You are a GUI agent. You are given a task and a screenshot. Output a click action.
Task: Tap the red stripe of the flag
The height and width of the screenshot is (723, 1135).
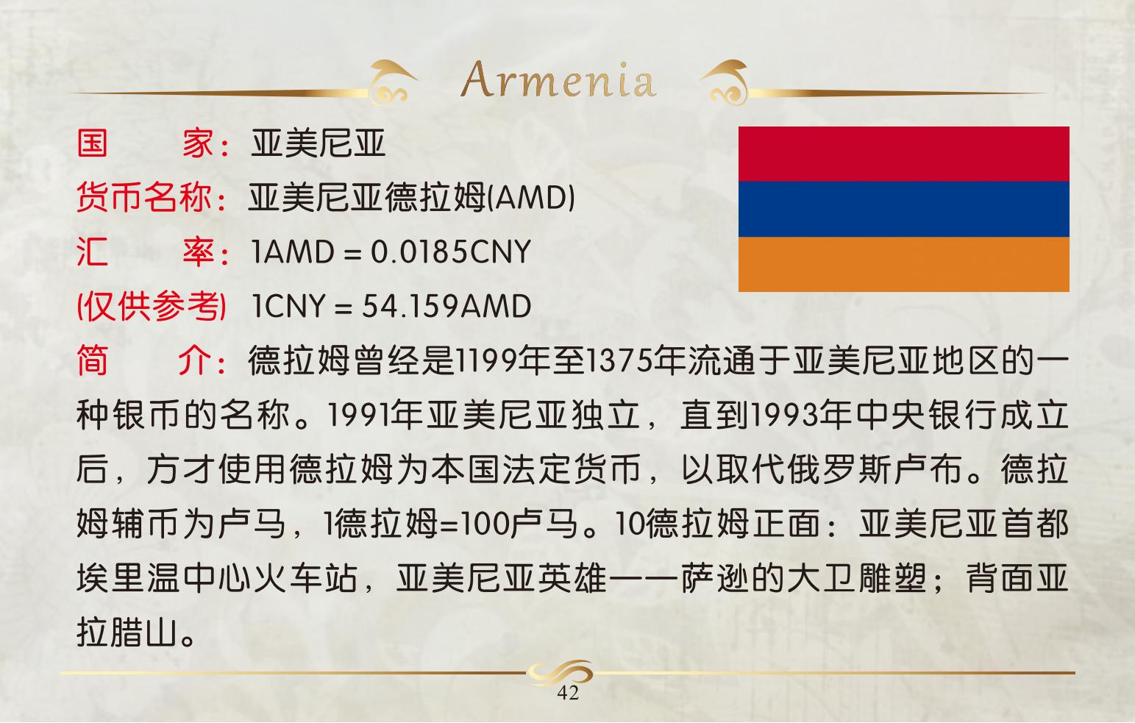pyautogui.click(x=904, y=154)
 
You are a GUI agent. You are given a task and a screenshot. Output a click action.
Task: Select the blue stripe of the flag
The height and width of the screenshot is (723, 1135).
pyautogui.click(x=904, y=209)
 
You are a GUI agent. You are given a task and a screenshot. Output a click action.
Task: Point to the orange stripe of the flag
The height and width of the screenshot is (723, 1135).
pyautogui.click(x=904, y=264)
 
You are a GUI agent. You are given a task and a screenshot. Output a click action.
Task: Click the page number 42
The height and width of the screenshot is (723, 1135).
pyautogui.click(x=568, y=693)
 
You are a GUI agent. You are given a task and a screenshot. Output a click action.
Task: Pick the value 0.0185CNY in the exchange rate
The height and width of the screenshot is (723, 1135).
pyautogui.click(x=450, y=252)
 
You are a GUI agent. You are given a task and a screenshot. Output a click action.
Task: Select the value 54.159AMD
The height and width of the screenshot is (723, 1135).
pyautogui.click(x=447, y=306)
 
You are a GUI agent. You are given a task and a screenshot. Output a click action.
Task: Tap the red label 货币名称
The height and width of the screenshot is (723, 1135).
pyautogui.click(x=143, y=197)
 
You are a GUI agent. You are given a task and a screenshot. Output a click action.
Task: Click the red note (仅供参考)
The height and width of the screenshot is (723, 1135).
pyautogui.click(x=151, y=306)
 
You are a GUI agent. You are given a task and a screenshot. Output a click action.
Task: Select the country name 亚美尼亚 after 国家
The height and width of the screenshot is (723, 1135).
pyautogui.click(x=318, y=143)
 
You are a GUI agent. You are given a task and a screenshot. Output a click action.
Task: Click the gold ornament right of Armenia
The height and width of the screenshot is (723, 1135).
pyautogui.click(x=725, y=82)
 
